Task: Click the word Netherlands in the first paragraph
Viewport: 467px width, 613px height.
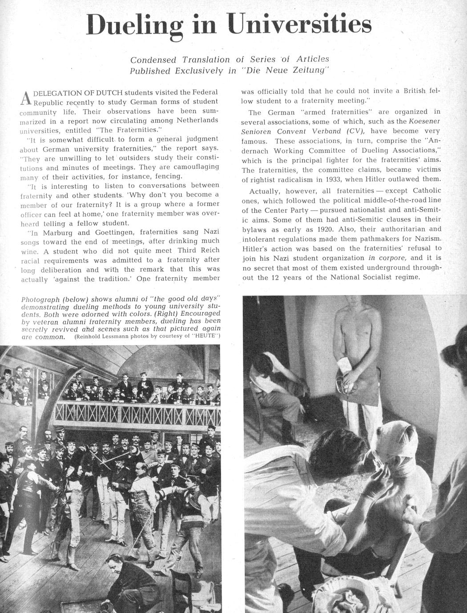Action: click(x=197, y=120)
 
